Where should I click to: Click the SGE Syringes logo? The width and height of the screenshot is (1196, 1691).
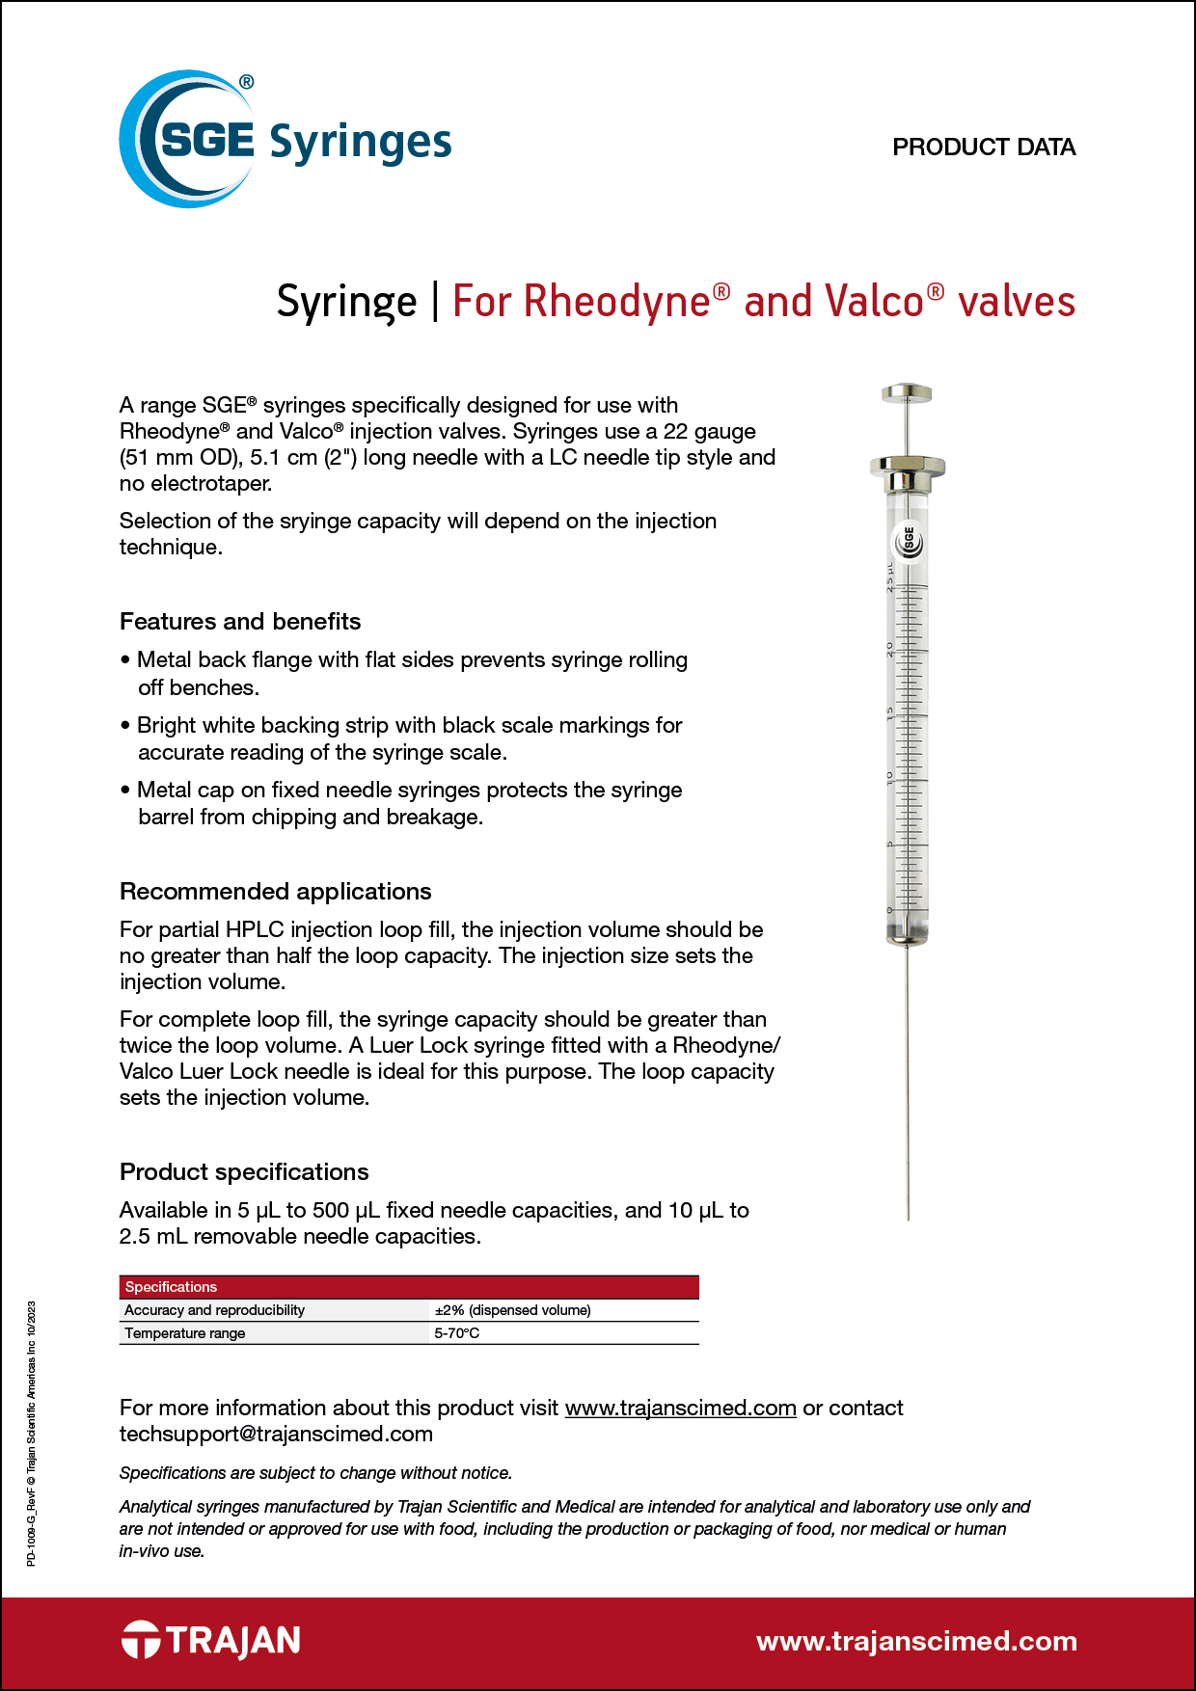[x=284, y=140]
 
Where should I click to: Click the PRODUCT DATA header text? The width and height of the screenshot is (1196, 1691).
[x=983, y=148]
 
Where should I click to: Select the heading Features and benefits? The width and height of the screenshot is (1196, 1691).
[x=240, y=622]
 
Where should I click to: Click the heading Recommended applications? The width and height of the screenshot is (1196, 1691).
[x=275, y=892]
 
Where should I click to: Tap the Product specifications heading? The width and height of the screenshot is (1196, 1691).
[x=244, y=1172]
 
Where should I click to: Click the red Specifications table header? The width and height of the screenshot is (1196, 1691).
[x=408, y=1287]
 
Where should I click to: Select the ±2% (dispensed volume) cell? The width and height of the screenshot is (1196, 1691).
[x=512, y=1310]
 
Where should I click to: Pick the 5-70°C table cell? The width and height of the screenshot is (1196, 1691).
[x=456, y=1333]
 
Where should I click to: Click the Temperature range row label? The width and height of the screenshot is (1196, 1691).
[x=185, y=1333]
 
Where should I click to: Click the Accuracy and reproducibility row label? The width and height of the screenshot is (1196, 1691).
[x=214, y=1310]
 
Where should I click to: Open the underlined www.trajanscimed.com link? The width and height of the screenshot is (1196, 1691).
[x=680, y=1409]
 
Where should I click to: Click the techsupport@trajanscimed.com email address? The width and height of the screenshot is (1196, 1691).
[x=276, y=1435]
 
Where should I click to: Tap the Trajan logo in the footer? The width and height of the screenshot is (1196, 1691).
[x=211, y=1640]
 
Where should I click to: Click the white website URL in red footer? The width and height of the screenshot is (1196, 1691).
[x=916, y=1641]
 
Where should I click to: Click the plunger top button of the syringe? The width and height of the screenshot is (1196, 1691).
[x=907, y=393]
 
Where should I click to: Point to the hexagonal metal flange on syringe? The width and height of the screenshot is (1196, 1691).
[x=907, y=468]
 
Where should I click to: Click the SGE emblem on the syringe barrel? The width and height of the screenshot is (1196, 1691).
[x=909, y=542]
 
